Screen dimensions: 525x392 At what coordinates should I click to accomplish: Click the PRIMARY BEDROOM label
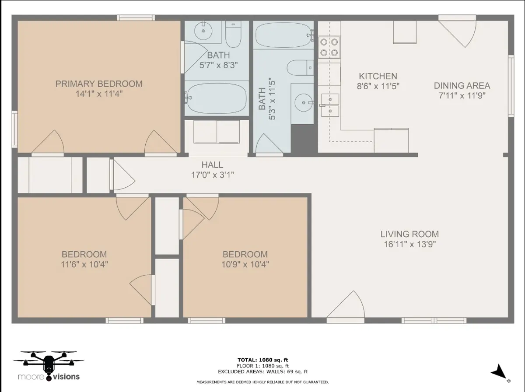[x=99, y=84]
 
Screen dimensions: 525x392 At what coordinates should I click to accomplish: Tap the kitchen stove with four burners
[x=329, y=47]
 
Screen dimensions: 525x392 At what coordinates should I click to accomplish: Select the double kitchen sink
[x=330, y=105]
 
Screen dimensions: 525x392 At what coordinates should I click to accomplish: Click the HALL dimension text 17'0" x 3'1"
[x=212, y=175]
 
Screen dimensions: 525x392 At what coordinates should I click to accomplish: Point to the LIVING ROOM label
[x=409, y=234]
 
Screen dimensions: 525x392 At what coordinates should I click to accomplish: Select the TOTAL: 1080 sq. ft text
[x=262, y=360]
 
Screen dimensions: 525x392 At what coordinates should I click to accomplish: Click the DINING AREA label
[x=462, y=86]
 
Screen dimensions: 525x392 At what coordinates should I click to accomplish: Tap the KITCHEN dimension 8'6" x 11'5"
[x=378, y=86]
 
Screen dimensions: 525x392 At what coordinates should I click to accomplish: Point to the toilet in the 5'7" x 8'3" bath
[x=233, y=34]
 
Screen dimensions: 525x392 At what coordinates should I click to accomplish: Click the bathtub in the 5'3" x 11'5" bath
[x=283, y=35]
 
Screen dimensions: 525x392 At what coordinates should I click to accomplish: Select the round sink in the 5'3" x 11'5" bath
[x=304, y=103]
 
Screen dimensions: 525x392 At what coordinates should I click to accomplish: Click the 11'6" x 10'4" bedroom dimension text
[x=84, y=265]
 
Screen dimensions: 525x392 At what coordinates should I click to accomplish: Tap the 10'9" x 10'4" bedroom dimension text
[x=245, y=265]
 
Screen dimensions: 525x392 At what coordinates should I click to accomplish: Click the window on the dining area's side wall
[x=511, y=86]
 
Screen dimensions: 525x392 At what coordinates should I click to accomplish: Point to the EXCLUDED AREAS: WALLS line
[x=262, y=372]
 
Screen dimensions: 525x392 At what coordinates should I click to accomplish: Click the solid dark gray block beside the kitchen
[x=304, y=139]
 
